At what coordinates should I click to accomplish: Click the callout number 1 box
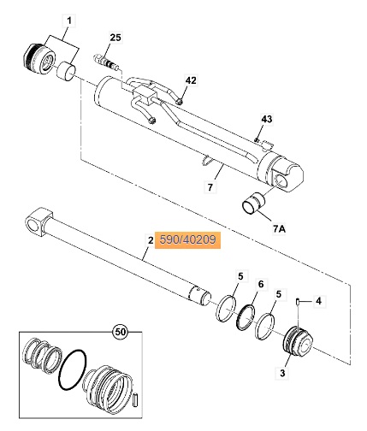[x=69, y=21]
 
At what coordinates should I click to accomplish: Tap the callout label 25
[x=115, y=38]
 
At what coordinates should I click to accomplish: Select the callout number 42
[x=191, y=80]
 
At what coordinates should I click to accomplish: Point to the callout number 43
[x=267, y=119]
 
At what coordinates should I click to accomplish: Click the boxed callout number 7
[x=210, y=187]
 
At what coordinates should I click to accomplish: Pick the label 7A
[x=279, y=228]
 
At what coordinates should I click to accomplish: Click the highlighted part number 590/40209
[x=187, y=239]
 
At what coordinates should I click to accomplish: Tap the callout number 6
[x=261, y=284]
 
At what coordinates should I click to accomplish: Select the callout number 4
[x=318, y=301]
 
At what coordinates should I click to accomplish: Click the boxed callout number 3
[x=282, y=373]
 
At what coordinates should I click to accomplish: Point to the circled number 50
[x=120, y=332]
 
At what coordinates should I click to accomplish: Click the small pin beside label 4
[x=298, y=302]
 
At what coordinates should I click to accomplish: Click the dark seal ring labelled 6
[x=245, y=317]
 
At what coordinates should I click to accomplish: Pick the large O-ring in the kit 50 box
[x=72, y=369]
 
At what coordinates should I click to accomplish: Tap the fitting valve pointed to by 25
[x=106, y=62]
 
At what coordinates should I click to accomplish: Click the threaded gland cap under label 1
[x=39, y=60]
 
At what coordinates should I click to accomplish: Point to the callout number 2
[x=151, y=240]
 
